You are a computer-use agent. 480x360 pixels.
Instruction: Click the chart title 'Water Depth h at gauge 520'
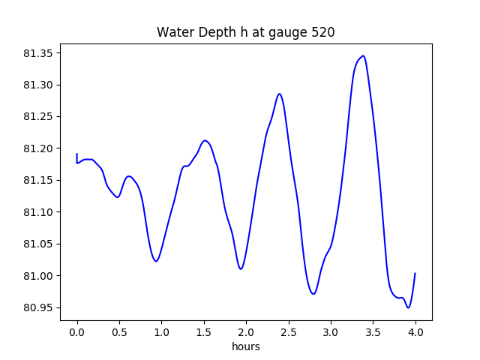point(245,32)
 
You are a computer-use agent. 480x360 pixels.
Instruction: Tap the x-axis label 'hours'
point(246,346)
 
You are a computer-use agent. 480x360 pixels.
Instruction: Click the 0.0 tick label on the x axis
point(77,331)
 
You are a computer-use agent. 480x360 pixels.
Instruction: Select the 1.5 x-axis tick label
point(204,331)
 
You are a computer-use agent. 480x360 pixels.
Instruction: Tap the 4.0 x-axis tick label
point(415,331)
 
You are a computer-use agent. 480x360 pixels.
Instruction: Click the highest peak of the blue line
point(364,55)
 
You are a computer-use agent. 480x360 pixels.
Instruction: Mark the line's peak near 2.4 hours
point(279,94)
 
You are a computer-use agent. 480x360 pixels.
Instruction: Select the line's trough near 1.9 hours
point(241,268)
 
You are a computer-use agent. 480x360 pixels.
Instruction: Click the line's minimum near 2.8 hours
point(313,293)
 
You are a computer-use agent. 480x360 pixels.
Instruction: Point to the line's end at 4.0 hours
point(415,274)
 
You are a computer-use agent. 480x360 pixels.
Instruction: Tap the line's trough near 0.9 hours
point(156,261)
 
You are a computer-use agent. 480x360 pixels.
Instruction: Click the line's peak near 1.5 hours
point(205,140)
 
